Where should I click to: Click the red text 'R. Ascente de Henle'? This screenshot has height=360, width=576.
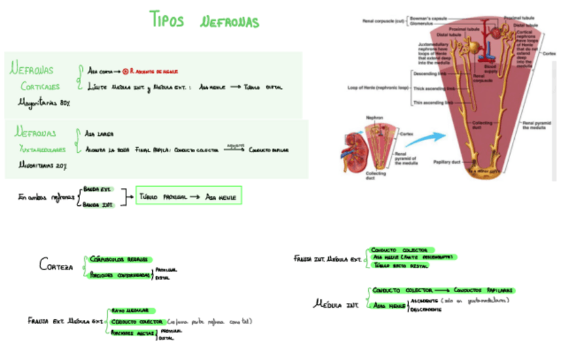pyautogui.click(x=154, y=71)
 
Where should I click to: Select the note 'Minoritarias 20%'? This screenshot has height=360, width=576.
pyautogui.click(x=43, y=165)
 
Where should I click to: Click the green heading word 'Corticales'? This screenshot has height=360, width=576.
pyautogui.click(x=40, y=86)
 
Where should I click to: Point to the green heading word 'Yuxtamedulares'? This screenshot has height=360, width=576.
pyautogui.click(x=42, y=149)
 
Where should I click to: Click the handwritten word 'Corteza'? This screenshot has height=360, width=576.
pyautogui.click(x=56, y=266)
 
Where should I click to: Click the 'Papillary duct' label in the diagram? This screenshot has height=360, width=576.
pyautogui.click(x=447, y=162)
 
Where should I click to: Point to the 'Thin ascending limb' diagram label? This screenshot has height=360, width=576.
pyautogui.click(x=430, y=103)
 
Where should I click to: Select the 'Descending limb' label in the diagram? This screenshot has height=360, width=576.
pyautogui.click(x=430, y=73)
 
